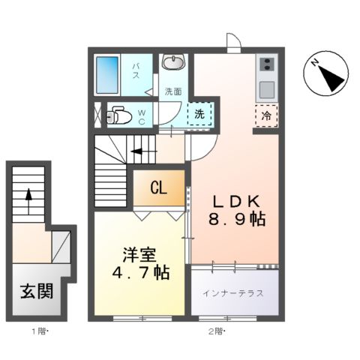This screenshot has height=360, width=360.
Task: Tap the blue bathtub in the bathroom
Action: coord(113,75)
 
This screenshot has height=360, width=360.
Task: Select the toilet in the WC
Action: coord(118,115)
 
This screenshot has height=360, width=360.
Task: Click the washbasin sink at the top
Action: coord(174,62)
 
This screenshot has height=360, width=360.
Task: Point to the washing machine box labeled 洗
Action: coord(199,115)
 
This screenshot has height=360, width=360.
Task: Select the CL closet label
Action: coord(158,187)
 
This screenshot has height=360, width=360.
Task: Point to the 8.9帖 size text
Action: coord(236,220)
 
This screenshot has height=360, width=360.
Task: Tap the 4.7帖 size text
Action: coord(138,271)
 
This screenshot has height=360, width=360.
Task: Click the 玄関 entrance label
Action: coord(35,289)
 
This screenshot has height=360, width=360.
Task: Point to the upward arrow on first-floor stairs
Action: coord(29,195)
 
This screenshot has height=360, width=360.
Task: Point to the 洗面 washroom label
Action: coord(173,91)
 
